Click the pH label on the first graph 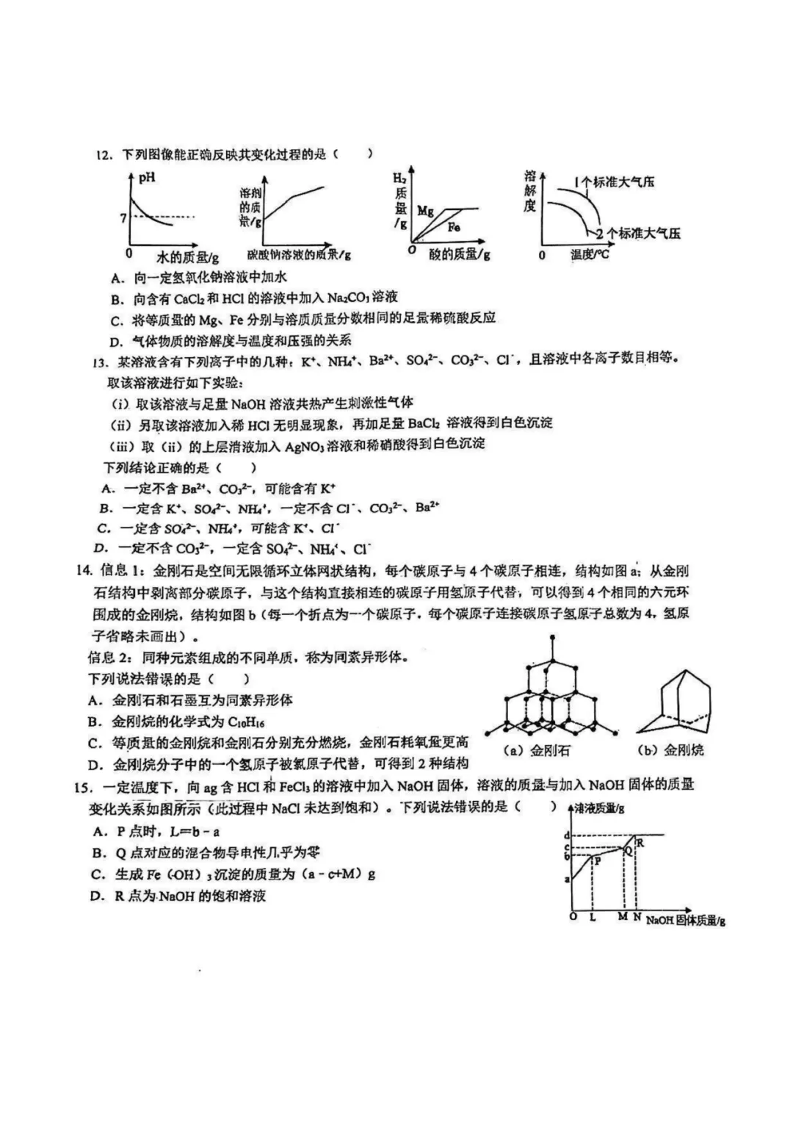pos(147,177)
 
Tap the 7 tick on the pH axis pos(123,217)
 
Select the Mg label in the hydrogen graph pos(425,211)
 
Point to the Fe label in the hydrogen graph pos(454,227)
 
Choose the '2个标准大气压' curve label pos(637,234)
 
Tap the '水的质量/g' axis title pos(187,257)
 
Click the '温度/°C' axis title pos(590,255)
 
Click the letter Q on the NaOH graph pos(627,850)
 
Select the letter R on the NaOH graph pos(640,843)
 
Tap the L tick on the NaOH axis pos(593,917)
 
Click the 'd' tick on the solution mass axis pos(566,835)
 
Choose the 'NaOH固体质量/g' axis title pos(685,920)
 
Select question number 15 pos(82,788)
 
